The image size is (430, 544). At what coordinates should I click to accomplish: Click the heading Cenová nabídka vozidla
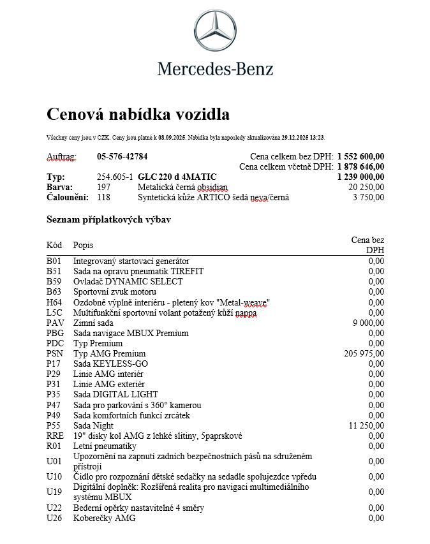click(x=138, y=115)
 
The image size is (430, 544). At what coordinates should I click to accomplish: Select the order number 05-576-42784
click(x=122, y=156)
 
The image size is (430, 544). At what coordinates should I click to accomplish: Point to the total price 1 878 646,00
click(x=360, y=166)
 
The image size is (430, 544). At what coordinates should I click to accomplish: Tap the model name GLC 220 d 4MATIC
click(x=177, y=177)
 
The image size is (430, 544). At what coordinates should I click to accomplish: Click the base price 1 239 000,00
click(x=360, y=177)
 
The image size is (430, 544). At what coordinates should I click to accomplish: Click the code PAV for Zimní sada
click(x=56, y=323)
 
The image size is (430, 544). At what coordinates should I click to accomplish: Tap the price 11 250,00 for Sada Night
click(x=367, y=425)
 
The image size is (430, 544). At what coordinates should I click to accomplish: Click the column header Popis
click(x=83, y=245)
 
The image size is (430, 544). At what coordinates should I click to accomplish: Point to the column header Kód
click(x=55, y=245)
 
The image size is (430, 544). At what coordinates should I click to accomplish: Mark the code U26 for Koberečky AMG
click(x=56, y=518)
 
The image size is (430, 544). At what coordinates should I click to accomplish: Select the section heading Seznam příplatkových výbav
click(x=108, y=219)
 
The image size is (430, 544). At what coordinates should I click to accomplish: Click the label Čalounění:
click(x=68, y=197)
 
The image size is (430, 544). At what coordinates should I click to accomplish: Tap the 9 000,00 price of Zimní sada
click(x=369, y=323)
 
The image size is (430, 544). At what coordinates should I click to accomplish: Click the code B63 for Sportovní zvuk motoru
click(x=55, y=292)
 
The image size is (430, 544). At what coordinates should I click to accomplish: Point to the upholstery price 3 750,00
click(x=368, y=197)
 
